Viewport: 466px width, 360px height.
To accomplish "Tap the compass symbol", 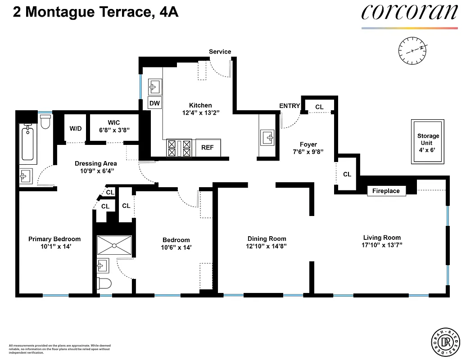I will click(x=412, y=50).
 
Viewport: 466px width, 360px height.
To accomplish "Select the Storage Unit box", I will click(x=428, y=142).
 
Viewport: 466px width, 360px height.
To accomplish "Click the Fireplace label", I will click(x=386, y=191).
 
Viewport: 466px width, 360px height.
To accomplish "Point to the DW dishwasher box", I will click(x=154, y=103).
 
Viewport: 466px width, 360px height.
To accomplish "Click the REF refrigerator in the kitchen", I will click(x=207, y=147).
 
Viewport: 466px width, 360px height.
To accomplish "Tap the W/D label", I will click(x=76, y=129).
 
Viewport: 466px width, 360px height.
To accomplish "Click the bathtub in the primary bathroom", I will click(x=28, y=144).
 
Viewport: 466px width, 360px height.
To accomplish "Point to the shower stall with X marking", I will click(x=114, y=245).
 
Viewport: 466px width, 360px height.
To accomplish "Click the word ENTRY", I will click(x=290, y=106).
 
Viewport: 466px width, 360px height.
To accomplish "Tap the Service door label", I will click(x=220, y=52).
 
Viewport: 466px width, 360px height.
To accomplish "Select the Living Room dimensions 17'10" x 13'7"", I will click(x=382, y=245).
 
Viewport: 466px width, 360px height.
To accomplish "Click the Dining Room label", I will click(x=267, y=238).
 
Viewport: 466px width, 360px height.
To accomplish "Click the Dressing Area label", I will click(x=95, y=163).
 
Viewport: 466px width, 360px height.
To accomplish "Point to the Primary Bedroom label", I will click(x=54, y=239).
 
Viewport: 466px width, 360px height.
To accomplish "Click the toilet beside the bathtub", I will click(x=45, y=121).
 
